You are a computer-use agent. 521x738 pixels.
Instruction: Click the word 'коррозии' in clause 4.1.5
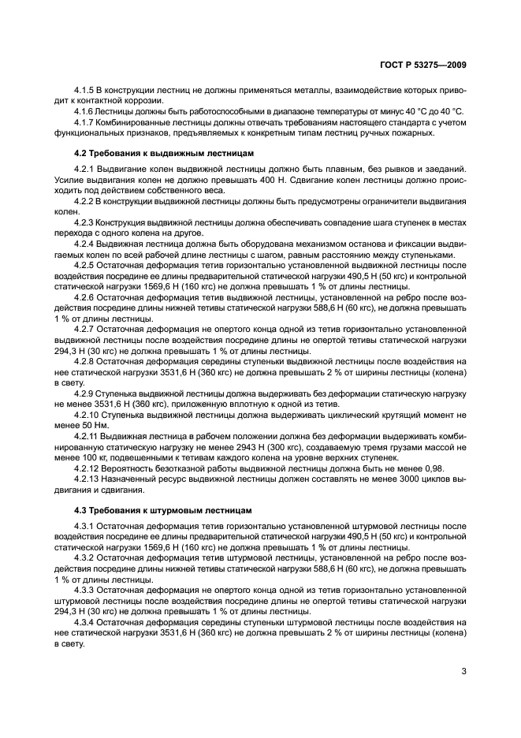[143, 101]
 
